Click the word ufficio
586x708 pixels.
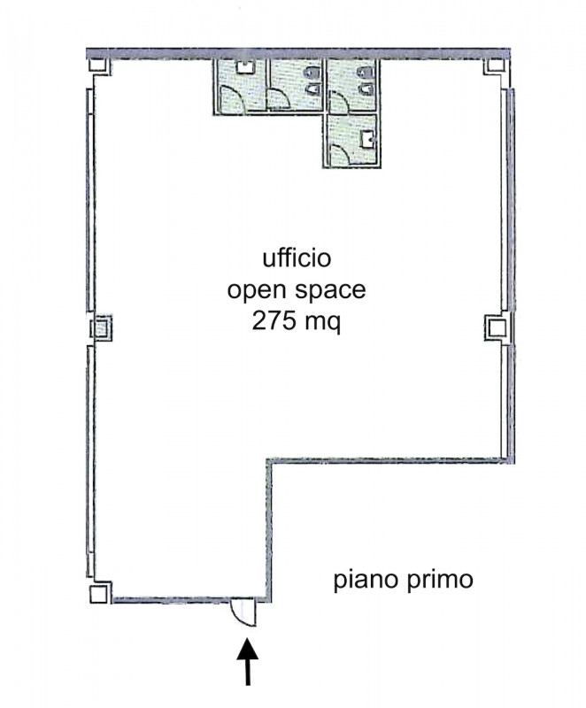[297, 259]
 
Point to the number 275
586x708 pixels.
[273, 322]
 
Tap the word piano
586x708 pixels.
[366, 580]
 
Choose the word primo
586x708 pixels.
[440, 580]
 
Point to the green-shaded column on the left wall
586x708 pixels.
[100, 327]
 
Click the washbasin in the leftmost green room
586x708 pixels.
[245, 67]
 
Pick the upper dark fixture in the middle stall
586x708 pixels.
[312, 73]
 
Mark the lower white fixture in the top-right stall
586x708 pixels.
[367, 89]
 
